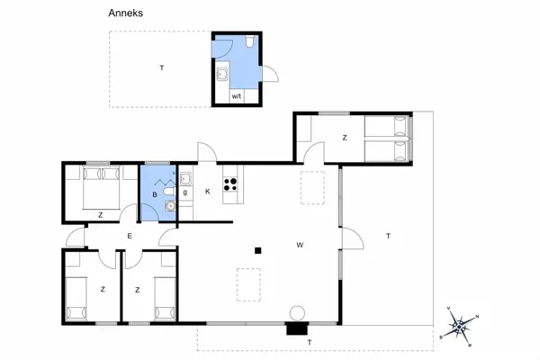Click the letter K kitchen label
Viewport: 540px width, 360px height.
coord(207,191)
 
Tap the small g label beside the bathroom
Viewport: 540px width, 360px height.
coord(185,192)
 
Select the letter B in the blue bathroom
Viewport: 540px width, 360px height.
coord(154,193)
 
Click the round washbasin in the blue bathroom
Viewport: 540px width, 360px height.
coord(169,205)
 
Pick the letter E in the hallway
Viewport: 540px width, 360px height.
coord(130,236)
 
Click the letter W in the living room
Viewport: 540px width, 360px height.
coord(299,244)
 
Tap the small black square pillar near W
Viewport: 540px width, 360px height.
coord(258,251)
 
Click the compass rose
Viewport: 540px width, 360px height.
coord(460,326)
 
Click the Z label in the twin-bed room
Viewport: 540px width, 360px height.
coord(344,137)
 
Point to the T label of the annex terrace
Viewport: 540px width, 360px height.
coord(161,67)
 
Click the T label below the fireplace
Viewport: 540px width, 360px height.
coord(309,343)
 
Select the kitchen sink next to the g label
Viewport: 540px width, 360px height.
coord(184,178)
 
